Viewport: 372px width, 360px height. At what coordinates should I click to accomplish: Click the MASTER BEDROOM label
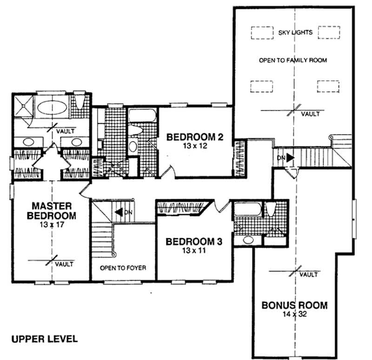51,210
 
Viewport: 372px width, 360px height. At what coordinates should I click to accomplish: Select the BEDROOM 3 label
194,242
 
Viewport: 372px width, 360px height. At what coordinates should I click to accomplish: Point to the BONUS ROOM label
294,306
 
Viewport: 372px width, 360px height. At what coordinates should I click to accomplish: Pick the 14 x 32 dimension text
294,314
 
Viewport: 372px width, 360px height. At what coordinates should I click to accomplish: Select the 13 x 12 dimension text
195,145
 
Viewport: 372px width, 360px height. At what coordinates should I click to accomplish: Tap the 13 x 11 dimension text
194,250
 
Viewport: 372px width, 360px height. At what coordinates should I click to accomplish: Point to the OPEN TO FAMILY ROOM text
293,60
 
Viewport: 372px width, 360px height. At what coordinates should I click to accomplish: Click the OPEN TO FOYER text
123,268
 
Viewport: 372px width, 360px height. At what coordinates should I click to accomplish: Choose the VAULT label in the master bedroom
64,264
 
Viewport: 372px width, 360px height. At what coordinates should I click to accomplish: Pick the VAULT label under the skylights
310,114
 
